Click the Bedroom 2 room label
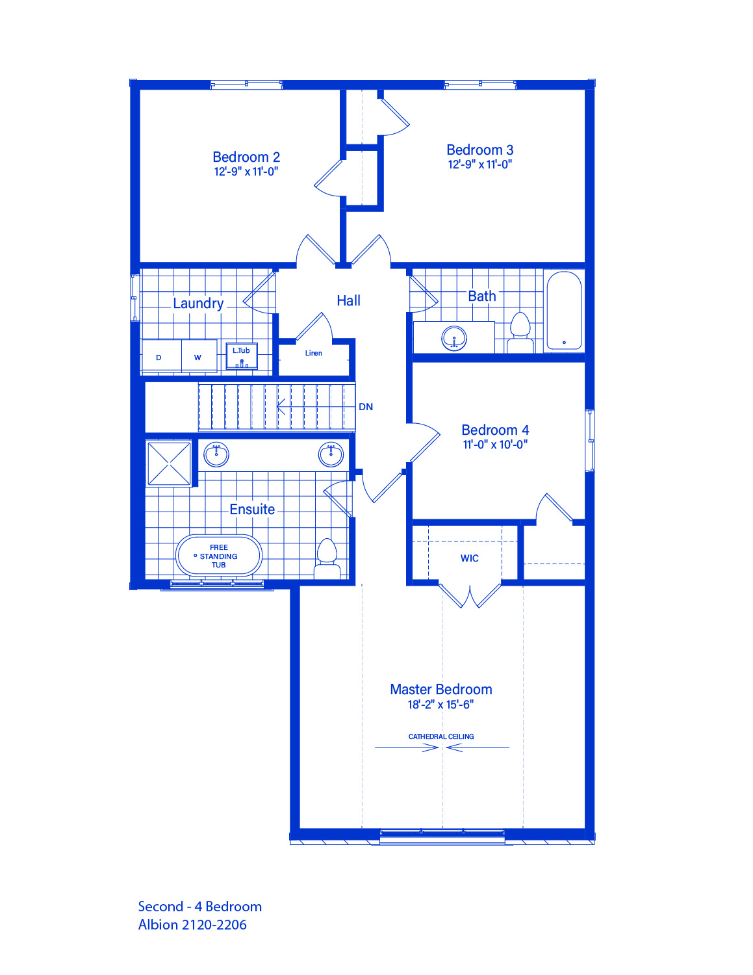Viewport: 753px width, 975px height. (x=246, y=157)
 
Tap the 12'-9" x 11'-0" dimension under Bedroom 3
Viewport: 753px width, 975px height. (x=480, y=164)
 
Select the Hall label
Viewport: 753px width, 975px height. (x=348, y=300)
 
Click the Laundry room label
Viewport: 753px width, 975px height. (x=198, y=304)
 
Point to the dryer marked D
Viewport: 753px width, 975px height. (x=162, y=356)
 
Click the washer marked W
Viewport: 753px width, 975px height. (x=199, y=356)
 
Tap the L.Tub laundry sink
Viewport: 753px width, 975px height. (x=242, y=356)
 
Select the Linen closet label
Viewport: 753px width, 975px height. (x=314, y=353)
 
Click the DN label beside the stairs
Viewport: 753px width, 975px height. (x=366, y=407)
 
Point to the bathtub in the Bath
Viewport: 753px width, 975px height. (x=564, y=310)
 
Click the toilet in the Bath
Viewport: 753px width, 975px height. (x=520, y=333)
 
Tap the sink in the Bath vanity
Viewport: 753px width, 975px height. (x=454, y=338)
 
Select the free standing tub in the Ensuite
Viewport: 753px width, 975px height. (x=219, y=556)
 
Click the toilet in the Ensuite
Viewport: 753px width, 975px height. (x=327, y=558)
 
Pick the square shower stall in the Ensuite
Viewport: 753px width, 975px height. (x=169, y=464)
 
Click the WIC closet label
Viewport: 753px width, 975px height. (x=470, y=558)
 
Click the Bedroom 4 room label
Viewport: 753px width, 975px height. (x=495, y=430)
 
